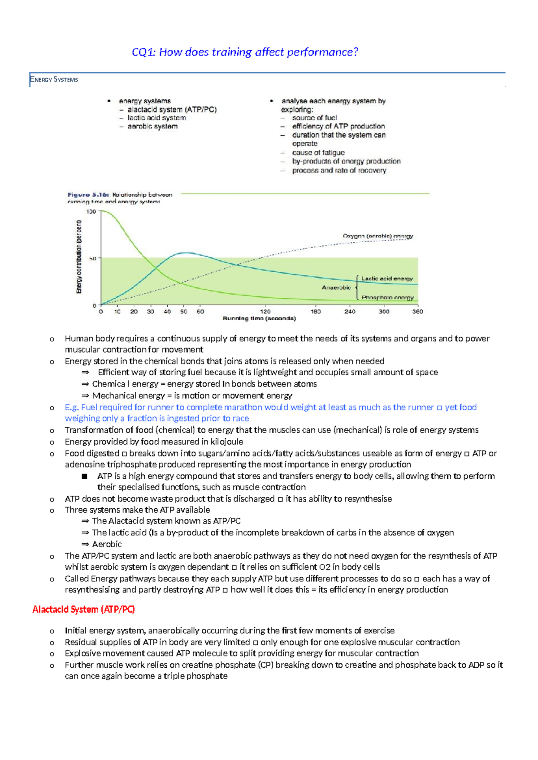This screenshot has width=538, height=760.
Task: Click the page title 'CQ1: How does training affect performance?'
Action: pos(245,52)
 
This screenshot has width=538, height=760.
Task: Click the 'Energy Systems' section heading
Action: pos(54,80)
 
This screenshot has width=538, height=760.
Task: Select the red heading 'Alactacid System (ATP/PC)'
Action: pos(83,610)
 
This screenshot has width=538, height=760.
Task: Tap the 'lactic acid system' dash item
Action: pos(156,118)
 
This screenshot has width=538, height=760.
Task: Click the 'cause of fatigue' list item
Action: pos(318,153)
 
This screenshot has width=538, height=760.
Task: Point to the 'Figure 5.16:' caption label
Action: pos(88,195)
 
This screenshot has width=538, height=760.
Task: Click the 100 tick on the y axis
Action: pos(91,211)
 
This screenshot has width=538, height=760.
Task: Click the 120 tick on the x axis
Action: pos(265,311)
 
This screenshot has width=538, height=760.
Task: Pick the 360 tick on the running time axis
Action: pos(417,311)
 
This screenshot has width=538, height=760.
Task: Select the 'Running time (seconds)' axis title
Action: pos(259,318)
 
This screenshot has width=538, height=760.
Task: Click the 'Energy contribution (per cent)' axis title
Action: pos(79,257)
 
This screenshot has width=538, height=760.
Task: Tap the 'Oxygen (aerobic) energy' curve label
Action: pos(377,236)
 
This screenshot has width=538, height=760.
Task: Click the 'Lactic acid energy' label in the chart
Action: pos(387,279)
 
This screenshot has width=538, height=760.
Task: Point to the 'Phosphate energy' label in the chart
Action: pos(387,297)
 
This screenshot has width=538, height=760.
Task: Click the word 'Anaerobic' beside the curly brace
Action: pos(336,288)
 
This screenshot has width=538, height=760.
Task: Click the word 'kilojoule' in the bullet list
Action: pos(227,442)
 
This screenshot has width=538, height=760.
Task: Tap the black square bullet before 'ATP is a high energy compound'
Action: pos(84,477)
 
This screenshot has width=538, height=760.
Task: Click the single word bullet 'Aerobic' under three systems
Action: pos(107,544)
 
